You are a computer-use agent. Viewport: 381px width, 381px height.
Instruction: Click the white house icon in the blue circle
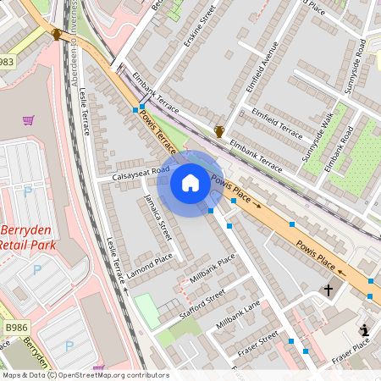point(190,182)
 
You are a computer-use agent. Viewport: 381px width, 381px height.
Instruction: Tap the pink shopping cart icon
point(29,120)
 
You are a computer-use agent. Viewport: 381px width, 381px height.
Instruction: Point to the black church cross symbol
point(328,290)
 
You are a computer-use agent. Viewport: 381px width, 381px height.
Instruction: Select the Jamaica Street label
point(157,218)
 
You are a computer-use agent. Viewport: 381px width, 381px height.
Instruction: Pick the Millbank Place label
point(212,272)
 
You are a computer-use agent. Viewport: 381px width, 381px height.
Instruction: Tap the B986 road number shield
point(14,326)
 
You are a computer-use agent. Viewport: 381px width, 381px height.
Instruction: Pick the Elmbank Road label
point(340,150)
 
